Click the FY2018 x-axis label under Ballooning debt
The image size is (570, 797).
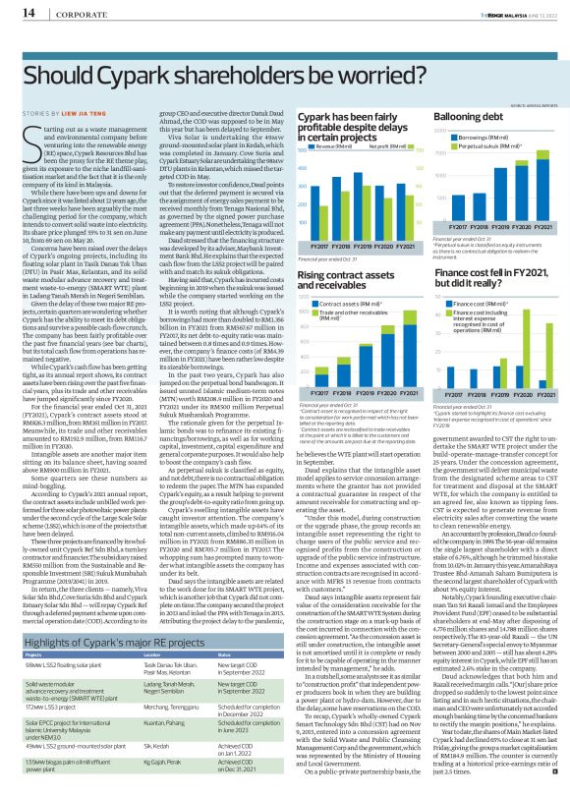[x=485, y=227]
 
